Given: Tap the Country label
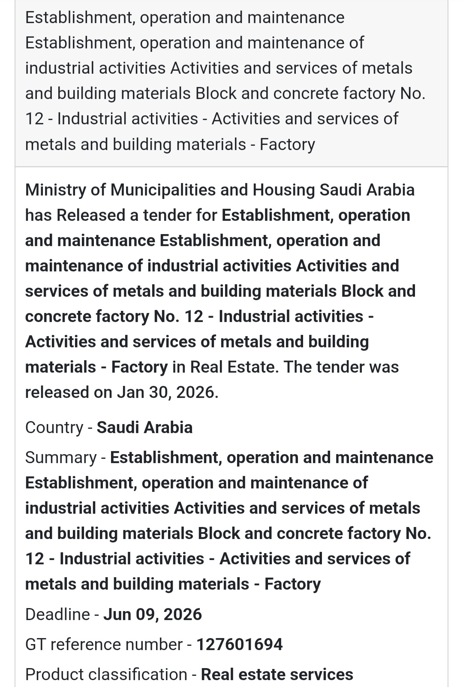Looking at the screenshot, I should pos(54,428).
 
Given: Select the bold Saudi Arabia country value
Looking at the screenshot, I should pos(144,428).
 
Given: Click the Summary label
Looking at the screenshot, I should pos(61,458).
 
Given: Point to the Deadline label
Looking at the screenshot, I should pos(57,615).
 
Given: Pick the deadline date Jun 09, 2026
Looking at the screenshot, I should pos(153,615).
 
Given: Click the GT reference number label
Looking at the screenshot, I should pos(104,645).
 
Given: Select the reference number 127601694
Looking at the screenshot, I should pos(240,645).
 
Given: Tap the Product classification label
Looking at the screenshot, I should pos(106,675).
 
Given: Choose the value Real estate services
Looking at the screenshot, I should pos(277,675).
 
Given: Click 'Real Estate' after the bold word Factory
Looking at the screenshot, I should pos(232,367).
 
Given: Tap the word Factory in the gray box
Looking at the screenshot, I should pos(287,145).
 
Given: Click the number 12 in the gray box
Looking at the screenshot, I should pos(35,119).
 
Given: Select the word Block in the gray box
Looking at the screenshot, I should pos(216,93).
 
